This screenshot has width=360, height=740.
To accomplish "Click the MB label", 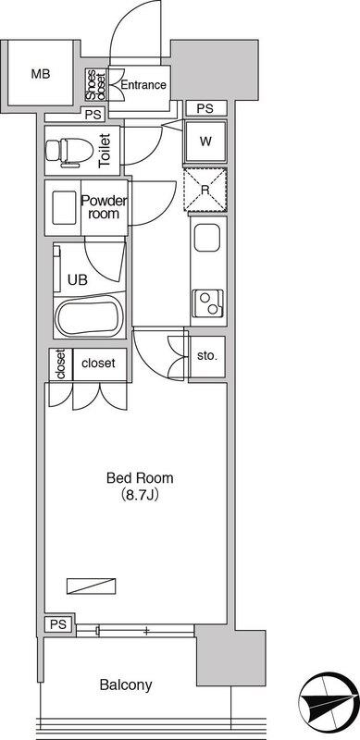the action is click(x=41, y=74).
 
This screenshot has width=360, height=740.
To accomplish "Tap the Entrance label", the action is click(x=143, y=85).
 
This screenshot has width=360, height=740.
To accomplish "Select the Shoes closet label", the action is click(x=96, y=85).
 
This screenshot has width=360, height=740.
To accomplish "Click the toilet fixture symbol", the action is click(x=69, y=153).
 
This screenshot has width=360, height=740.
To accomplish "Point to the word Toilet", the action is click(x=105, y=151).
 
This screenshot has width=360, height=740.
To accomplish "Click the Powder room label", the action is click(x=105, y=207).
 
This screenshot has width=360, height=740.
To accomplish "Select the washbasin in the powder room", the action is click(x=64, y=207).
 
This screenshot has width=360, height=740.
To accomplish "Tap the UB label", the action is click(x=78, y=280).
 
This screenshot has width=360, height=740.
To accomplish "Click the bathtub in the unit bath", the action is click(x=89, y=316).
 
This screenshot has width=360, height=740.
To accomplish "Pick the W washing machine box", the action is click(x=205, y=142).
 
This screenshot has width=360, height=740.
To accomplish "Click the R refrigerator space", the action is click(x=205, y=190).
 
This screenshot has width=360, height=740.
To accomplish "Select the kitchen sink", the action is click(x=207, y=238).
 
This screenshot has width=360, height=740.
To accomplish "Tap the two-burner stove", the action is click(x=208, y=303).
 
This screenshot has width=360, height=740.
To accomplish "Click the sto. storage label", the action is click(x=207, y=356).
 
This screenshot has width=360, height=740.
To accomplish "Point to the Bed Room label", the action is click(x=140, y=478).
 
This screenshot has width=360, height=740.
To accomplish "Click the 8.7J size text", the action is click(x=140, y=496).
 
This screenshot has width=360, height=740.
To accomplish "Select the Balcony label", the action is click(x=126, y=684).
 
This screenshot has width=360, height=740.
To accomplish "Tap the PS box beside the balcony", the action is click(x=59, y=623).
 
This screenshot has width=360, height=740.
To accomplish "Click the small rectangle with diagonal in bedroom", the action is click(x=92, y=586).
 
